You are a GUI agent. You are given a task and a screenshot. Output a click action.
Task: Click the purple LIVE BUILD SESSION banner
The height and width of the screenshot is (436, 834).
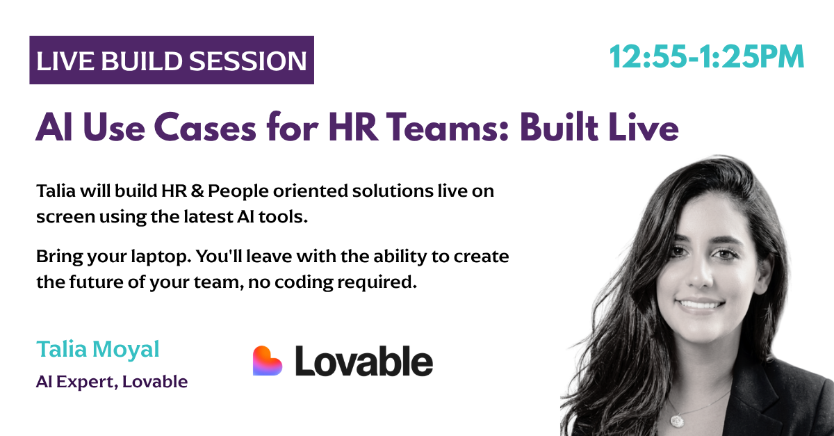coord(172,60)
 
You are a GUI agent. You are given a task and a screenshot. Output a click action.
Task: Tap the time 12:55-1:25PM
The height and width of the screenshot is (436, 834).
coord(706,57)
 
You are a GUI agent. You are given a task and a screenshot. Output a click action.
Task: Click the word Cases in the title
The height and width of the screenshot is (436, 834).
coord(205,127)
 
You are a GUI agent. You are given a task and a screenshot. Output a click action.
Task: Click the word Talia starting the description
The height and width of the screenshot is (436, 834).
coord(56,191)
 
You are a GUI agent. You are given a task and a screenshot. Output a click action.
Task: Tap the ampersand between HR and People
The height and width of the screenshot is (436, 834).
coord(197,191)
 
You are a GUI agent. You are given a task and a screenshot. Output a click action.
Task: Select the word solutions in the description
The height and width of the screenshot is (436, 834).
coord(393,191)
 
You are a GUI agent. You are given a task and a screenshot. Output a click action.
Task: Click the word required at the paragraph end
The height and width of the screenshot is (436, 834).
coord(377,283)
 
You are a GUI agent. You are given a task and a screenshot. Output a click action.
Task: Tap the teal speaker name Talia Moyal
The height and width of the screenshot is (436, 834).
coord(98,350)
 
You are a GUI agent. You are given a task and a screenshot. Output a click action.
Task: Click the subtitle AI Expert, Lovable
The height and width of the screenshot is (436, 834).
coord(112,382)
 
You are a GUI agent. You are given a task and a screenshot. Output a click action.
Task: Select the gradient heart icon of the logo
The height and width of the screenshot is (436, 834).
coord(268,361)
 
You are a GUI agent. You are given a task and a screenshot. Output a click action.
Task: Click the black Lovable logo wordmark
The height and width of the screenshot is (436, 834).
coord(363,361)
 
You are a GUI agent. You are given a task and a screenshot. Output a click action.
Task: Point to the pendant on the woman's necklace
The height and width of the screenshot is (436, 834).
coord(677,421)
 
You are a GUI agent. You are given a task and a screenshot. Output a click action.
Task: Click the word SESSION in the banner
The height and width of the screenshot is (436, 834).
coord(248,60)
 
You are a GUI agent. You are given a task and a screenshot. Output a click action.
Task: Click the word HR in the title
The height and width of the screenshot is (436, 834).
coord(353,127)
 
